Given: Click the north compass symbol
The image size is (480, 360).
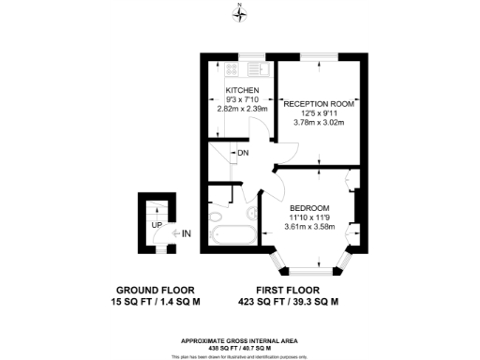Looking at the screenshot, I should coord(240,13).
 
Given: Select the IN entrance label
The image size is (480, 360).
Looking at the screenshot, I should coord(187,233).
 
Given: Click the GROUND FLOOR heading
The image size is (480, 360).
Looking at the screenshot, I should coord(157,290).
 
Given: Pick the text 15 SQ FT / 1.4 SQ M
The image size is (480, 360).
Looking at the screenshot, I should coord(157,302).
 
